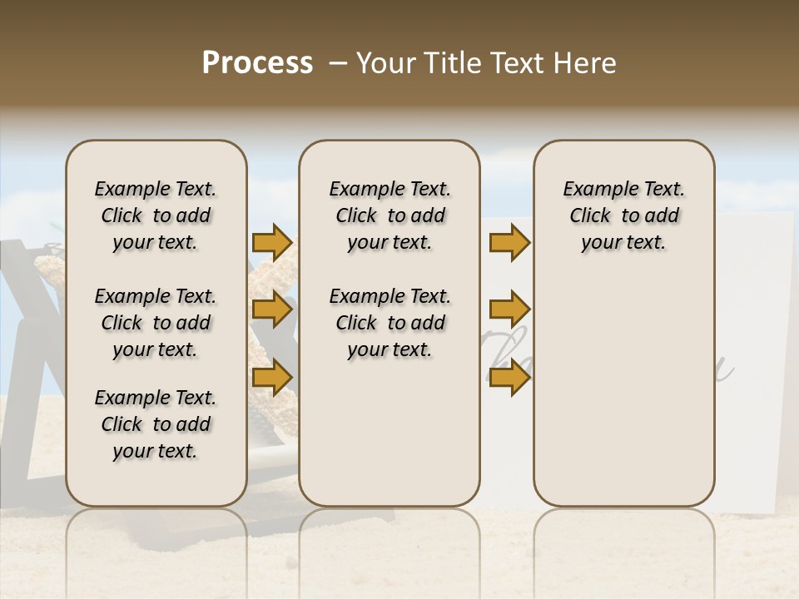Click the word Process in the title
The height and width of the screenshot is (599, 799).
point(257,63)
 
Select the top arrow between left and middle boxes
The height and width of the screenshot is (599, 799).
point(271,243)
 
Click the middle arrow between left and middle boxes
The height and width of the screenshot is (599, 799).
point(271,310)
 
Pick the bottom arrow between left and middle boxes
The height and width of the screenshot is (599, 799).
point(271,377)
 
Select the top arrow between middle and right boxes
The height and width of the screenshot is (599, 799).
point(509,243)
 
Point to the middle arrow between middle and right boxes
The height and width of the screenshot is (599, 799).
point(509,310)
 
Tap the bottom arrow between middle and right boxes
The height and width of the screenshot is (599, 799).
point(509,377)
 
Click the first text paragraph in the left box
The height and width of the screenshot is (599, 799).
point(156,215)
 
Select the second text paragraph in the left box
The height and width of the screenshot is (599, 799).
point(156,323)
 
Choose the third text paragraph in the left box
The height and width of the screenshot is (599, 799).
point(156,424)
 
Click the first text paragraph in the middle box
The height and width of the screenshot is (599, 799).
point(390,215)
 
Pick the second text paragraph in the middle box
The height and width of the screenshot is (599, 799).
point(390,323)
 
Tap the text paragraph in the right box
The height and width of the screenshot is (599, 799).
point(624,215)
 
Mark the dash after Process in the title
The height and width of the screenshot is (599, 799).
point(337,63)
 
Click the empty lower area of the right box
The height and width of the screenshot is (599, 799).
point(624,391)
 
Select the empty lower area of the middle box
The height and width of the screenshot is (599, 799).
point(390,433)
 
